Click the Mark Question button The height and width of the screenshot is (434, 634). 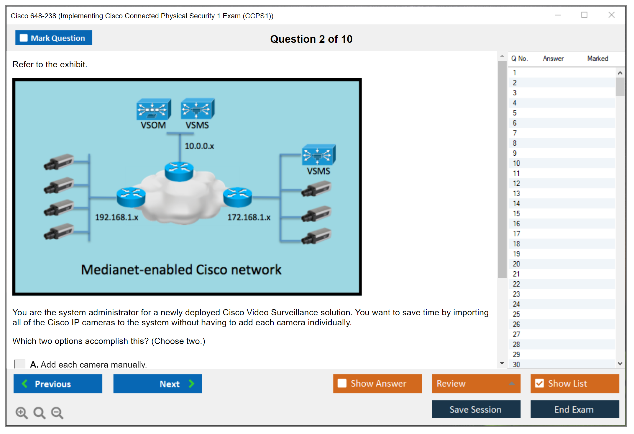[x=53, y=38]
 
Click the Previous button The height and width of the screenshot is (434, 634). [x=58, y=384]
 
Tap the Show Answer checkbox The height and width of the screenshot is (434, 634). [x=342, y=383]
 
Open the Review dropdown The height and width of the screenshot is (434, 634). [x=476, y=384]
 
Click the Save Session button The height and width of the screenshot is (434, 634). [x=476, y=409]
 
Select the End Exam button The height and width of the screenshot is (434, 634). [x=574, y=409]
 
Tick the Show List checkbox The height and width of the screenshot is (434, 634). [x=540, y=383]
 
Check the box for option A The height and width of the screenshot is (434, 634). [x=20, y=364]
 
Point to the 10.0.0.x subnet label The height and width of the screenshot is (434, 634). [x=199, y=146]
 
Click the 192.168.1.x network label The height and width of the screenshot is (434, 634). [x=116, y=217]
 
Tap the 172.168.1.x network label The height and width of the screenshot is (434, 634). [x=249, y=217]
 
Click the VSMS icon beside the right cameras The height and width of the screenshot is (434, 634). [x=318, y=155]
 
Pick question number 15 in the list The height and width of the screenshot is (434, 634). [x=516, y=213]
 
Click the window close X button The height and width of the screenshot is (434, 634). [x=612, y=15]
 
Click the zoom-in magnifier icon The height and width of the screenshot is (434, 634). [x=22, y=412]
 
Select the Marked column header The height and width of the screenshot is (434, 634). [x=597, y=58]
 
